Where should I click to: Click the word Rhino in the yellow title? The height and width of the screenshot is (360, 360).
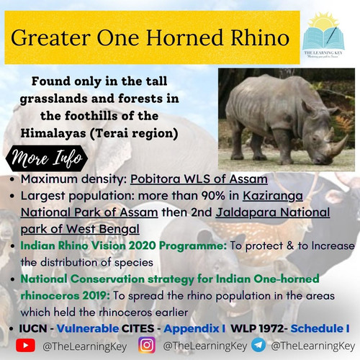[260, 37]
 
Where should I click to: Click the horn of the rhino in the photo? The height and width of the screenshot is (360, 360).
[341, 145]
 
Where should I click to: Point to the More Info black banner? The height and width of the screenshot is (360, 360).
[47, 158]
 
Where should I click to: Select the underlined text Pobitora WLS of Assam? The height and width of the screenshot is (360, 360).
[199, 179]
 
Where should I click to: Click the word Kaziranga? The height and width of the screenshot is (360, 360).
[273, 196]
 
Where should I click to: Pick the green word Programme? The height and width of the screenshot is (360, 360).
[193, 246]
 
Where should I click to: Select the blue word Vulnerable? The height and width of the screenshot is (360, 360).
[88, 328]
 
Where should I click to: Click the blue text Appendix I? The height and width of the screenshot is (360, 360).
[194, 329]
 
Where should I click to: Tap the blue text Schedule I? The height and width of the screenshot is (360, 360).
[320, 328]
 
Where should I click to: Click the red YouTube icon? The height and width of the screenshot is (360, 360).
[25, 346]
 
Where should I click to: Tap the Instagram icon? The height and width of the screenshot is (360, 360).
[147, 346]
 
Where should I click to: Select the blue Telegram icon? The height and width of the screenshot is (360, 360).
[258, 346]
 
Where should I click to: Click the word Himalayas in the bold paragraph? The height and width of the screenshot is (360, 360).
[53, 133]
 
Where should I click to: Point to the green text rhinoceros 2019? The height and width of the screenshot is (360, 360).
[65, 296]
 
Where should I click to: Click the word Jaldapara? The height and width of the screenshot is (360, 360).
[246, 212]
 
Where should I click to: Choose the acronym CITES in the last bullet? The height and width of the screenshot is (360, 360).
[138, 328]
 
